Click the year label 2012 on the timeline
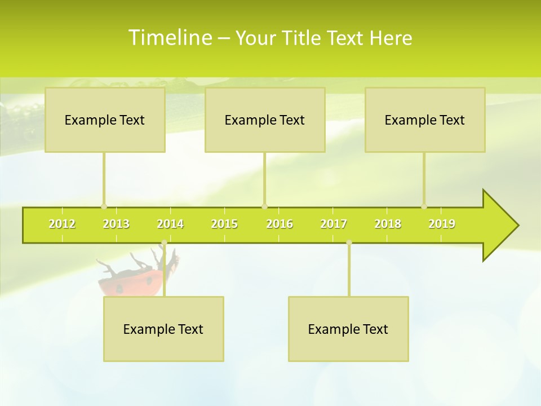(62, 224)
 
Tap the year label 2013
(116, 224)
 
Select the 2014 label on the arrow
(170, 224)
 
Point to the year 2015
(224, 224)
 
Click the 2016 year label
(280, 224)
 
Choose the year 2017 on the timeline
(334, 224)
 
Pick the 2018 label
(388, 224)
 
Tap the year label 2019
(442, 224)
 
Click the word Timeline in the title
(169, 38)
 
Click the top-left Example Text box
(105, 120)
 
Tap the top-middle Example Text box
(265, 120)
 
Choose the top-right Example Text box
(425, 120)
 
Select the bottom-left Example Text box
(163, 329)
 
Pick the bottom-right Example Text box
(348, 329)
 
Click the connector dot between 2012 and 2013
(104, 206)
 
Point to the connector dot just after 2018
(424, 206)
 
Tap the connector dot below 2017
(349, 242)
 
